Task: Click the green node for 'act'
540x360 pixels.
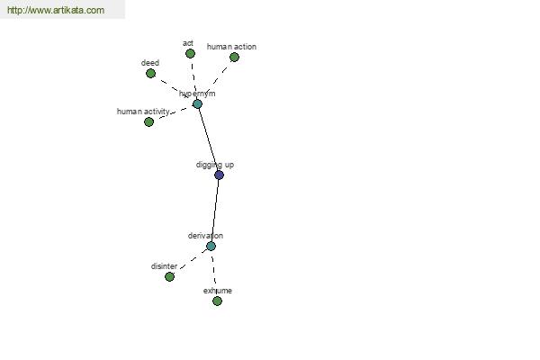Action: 190,53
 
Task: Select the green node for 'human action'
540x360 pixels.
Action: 234,58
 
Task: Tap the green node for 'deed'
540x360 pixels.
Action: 150,74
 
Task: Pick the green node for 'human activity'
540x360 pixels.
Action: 148,122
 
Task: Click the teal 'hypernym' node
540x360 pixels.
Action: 197,103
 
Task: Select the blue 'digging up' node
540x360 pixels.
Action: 219,175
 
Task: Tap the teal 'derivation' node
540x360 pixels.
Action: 211,246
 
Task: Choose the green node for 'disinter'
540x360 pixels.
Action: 169,276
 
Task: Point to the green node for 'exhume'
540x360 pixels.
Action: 217,301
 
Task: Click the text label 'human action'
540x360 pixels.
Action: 231,47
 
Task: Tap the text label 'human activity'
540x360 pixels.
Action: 143,112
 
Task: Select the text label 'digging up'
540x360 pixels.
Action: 215,165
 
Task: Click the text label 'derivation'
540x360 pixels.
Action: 205,236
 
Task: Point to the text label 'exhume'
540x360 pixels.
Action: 218,291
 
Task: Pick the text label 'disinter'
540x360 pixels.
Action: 165,266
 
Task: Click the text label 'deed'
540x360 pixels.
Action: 150,63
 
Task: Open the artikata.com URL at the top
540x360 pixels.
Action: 56,10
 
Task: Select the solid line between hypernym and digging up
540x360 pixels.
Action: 208,139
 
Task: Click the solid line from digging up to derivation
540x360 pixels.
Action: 215,211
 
